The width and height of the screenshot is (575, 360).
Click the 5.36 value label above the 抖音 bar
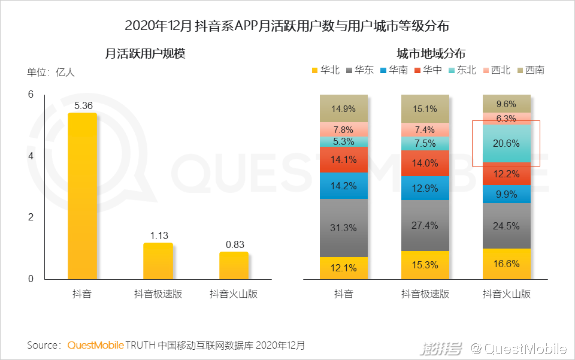[83, 106]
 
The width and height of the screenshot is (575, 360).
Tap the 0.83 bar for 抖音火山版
[234, 265]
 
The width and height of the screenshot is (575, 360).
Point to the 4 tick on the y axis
[31, 156]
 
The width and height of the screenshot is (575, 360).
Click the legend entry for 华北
[325, 70]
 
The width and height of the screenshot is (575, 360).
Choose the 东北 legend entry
[462, 70]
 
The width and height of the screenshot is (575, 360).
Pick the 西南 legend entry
[530, 70]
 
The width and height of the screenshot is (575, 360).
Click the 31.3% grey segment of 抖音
[344, 228]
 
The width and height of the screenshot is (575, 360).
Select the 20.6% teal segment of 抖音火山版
[507, 144]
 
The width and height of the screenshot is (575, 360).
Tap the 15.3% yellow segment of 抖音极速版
[425, 265]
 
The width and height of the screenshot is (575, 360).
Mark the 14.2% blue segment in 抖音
[344, 185]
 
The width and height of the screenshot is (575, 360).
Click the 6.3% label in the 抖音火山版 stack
[507, 119]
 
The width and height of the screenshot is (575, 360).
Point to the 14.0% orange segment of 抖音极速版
[425, 163]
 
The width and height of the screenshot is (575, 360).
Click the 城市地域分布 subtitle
[431, 53]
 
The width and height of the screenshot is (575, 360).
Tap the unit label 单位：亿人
[51, 72]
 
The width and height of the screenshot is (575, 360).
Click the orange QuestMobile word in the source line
[96, 346]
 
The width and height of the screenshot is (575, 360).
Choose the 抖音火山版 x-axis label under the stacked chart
[507, 294]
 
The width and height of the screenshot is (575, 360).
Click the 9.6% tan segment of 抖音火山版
[507, 104]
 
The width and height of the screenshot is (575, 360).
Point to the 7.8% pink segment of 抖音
[344, 129]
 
